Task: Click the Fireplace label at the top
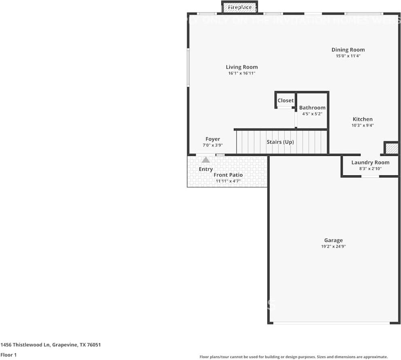[x=240, y=7]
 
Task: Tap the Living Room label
[x=242, y=67]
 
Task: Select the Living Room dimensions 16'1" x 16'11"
[x=242, y=73]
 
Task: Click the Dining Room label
[x=348, y=50]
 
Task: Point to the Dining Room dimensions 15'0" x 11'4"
[x=348, y=56]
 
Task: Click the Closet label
[x=285, y=100]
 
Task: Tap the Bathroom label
[x=312, y=108]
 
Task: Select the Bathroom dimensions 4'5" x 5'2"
[x=312, y=114]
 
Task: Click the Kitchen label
[x=363, y=119]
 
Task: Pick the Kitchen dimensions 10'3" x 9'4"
[x=363, y=125]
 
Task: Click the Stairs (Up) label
[x=280, y=142]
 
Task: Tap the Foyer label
[x=212, y=139]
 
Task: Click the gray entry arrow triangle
[x=206, y=160]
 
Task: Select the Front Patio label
[x=228, y=175]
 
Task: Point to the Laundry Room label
[x=370, y=162]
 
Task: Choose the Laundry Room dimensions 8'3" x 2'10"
[x=370, y=168]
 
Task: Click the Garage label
[x=333, y=240]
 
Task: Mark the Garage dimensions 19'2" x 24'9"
[x=333, y=246]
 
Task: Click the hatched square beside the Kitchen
[x=391, y=148]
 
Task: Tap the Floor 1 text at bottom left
[x=8, y=355]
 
